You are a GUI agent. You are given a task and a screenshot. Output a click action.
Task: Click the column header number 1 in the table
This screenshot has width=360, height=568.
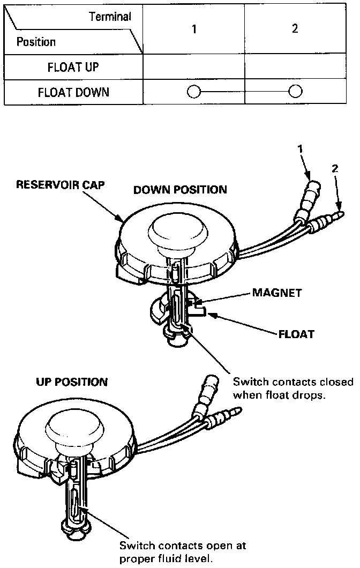pos(194,29)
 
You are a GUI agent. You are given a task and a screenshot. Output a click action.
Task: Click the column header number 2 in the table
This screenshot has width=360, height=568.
pos(295,29)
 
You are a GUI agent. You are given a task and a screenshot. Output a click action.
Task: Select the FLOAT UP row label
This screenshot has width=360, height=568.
pos(73,68)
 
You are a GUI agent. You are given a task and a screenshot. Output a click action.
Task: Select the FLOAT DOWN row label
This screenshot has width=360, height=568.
pos(73,92)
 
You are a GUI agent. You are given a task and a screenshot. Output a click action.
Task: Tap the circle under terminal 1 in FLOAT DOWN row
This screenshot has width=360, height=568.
pos(193,92)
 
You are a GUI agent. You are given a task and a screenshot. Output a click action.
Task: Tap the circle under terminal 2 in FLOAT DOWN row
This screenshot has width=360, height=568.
pos(295,92)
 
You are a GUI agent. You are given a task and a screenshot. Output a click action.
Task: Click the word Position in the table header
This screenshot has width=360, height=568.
pos(36,42)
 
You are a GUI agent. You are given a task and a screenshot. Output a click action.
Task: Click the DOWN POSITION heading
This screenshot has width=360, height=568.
pos(180,190)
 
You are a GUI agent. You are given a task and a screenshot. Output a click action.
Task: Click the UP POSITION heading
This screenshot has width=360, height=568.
pos(72,382)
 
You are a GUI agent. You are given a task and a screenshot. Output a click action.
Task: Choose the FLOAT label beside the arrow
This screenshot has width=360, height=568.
pos(296,334)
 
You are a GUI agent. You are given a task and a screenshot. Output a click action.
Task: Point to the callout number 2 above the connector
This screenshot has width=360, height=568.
pos(335,168)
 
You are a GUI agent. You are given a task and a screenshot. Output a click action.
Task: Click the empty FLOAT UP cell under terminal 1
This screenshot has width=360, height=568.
pos(194,68)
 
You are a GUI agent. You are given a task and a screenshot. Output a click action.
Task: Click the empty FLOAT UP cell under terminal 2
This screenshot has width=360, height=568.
pos(295,68)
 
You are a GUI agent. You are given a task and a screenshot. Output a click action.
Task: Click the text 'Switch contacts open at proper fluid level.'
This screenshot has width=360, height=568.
pos(182,551)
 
